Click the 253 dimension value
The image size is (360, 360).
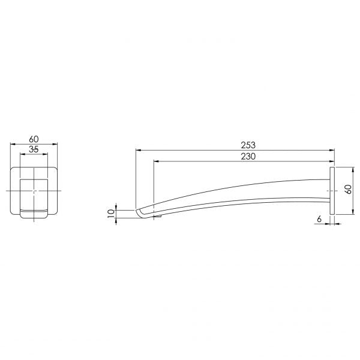click(248, 145)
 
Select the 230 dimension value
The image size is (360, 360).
click(248, 157)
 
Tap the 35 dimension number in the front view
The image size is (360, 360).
click(34, 149)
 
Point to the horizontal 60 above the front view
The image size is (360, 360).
click(34, 139)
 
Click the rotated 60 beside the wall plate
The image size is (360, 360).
click(349, 189)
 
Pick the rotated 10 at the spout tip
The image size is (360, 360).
click(111, 214)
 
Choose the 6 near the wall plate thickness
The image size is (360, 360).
click(319, 219)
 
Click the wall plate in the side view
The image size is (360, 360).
click(332, 191)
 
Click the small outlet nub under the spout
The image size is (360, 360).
click(158, 216)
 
